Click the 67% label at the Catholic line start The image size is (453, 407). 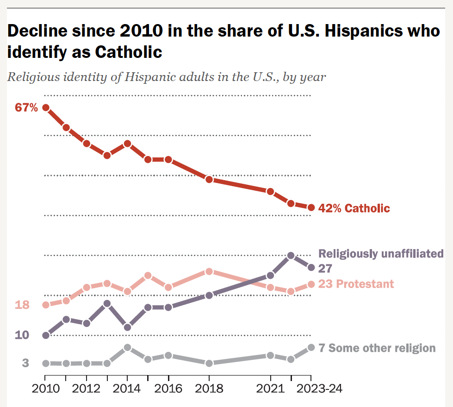click(26, 108)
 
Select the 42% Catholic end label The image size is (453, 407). click(354, 208)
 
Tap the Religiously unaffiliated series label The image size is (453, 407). click(381, 253)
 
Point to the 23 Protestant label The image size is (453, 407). click(356, 284)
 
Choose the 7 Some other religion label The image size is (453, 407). click(377, 348)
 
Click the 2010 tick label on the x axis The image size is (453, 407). click(46, 388)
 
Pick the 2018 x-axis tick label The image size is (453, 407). click(209, 388)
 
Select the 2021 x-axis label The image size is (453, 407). click(270, 388)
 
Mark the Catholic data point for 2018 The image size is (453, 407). click(209, 179)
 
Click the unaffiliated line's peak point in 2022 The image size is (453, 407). click(291, 255)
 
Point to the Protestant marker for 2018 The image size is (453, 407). click(209, 271)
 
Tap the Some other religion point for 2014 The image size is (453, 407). click(127, 347)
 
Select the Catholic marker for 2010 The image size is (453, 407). click(46, 107)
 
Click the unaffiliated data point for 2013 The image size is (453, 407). click(107, 304)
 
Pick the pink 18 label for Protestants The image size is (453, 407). click(22, 305)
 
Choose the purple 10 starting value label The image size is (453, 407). click(22, 335)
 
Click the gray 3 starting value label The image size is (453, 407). click(25, 363)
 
